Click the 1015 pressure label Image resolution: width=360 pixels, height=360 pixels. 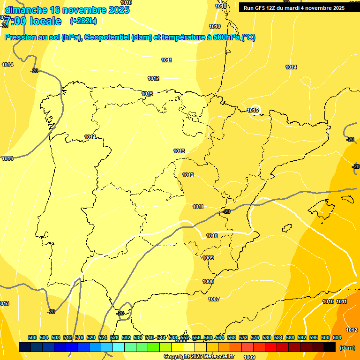[x=253, y=110]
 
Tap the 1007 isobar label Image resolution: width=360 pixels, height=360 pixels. [x=214, y=299]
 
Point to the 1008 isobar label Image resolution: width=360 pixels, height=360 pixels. [x=208, y=281]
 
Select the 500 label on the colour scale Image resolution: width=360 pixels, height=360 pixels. [x=32, y=337]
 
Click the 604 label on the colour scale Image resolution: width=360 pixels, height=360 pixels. [x=337, y=337]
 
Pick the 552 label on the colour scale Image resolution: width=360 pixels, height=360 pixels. [x=185, y=337]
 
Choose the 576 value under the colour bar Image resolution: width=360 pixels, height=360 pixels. [x=255, y=337]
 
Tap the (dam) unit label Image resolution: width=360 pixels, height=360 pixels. [x=347, y=348]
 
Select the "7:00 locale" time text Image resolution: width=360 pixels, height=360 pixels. [x=33, y=21]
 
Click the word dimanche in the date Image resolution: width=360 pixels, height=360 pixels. [x=26, y=10]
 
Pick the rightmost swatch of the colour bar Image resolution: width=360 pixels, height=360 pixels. [x=330, y=347]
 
